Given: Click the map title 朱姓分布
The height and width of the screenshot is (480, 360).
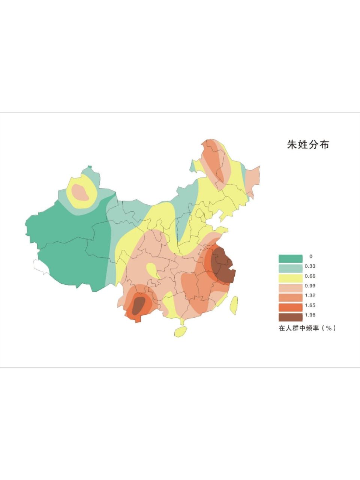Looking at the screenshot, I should coord(308,145).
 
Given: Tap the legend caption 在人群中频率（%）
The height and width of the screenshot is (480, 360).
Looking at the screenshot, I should coord(307,328).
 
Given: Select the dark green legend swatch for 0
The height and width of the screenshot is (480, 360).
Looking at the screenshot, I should coord(290,258).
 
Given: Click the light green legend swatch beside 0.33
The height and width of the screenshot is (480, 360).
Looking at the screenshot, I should coord(290,268).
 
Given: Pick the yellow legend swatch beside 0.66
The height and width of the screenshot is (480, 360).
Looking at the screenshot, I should coord(290,278).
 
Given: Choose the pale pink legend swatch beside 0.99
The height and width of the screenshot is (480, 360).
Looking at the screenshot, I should coord(290,288).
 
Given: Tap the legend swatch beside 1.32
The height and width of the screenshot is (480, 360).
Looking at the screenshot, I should coord(290,297).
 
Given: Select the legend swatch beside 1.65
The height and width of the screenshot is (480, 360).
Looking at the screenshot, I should coord(290,307).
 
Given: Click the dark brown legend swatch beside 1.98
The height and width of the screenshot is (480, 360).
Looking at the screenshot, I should coord(290,317).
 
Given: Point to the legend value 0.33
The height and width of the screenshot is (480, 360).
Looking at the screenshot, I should coord(310,266).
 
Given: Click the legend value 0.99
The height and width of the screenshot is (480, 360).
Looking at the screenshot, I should coord(310,286).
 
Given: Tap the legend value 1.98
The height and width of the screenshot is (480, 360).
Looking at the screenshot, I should coord(310,315).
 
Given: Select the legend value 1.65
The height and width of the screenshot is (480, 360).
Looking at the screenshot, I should coord(310,305).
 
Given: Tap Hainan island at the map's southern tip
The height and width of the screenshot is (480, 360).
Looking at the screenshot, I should coord(181,331).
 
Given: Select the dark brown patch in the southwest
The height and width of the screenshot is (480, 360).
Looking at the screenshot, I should coord(139,304).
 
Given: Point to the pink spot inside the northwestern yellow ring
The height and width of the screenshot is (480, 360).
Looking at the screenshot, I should coord(80,192).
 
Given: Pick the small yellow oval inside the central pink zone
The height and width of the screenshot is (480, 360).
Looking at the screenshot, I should coord(152,270).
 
